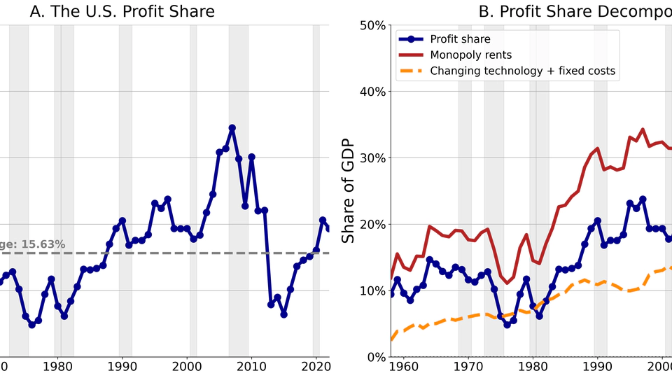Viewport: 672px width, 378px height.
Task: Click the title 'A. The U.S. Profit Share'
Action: click(x=122, y=11)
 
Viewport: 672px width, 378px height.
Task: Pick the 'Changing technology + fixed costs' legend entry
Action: click(x=522, y=70)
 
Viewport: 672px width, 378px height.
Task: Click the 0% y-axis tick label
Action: click(x=374, y=357)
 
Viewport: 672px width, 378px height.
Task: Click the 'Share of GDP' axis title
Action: click(x=348, y=191)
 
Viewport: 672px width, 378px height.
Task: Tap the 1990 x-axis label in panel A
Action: click(x=122, y=366)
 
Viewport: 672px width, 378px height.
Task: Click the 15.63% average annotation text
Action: click(x=32, y=244)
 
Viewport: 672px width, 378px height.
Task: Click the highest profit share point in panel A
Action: click(x=232, y=128)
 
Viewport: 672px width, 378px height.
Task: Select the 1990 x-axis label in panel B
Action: click(x=597, y=366)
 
